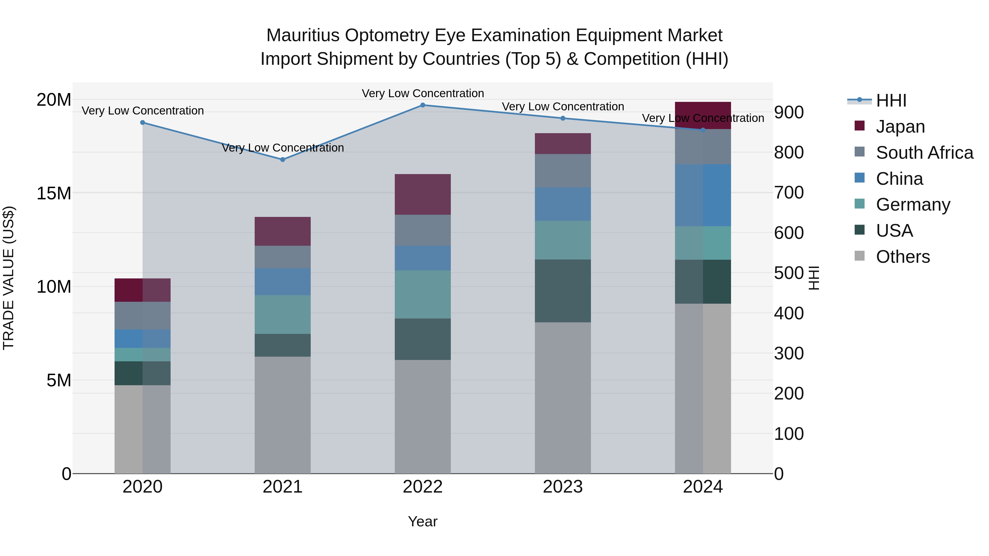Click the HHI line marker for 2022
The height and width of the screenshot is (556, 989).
pyautogui.click(x=423, y=105)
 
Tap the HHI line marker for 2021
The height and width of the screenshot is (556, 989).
pyautogui.click(x=283, y=160)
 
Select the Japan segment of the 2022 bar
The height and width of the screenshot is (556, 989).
pyautogui.click(x=423, y=195)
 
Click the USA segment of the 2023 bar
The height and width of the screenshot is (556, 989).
pyautogui.click(x=563, y=291)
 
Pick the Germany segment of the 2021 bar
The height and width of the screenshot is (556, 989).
pyautogui.click(x=283, y=314)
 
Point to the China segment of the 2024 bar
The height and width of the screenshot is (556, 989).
pyautogui.click(x=703, y=195)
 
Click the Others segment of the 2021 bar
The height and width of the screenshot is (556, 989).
pyautogui.click(x=283, y=415)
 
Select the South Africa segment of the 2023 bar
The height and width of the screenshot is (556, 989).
pyautogui.click(x=563, y=171)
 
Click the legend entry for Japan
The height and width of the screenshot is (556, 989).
pyautogui.click(x=900, y=127)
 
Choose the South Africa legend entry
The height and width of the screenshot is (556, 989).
pyautogui.click(x=924, y=153)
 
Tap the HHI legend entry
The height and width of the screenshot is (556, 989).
pyautogui.click(x=891, y=100)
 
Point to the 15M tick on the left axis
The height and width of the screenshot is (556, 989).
pyautogui.click(x=54, y=193)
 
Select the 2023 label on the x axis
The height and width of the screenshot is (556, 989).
pyautogui.click(x=563, y=487)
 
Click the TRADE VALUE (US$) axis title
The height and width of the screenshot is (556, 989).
pyautogui.click(x=9, y=278)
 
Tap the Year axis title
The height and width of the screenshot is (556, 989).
pyautogui.click(x=423, y=521)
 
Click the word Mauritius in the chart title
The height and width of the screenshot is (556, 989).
pyautogui.click(x=303, y=36)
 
